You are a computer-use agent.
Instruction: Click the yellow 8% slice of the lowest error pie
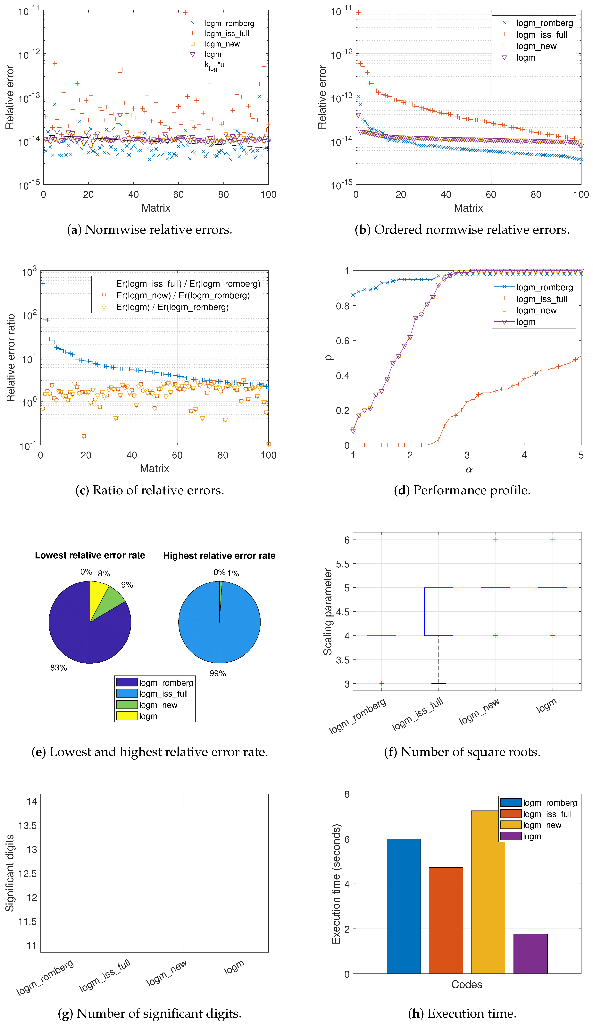[98, 595]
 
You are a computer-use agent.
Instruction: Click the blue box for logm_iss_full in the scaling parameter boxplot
[438, 611]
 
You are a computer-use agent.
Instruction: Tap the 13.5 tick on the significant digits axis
[27, 825]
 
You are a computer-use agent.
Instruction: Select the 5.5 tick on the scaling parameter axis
[343, 564]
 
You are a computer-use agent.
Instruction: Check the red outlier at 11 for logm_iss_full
[126, 945]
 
